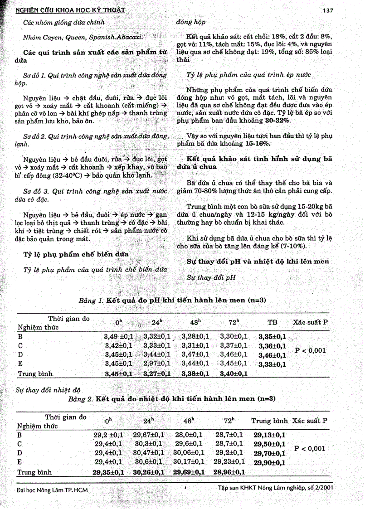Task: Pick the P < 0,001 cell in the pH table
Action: click(310, 350)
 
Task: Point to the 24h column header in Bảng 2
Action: click(149, 421)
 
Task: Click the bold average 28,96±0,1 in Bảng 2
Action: click(229, 472)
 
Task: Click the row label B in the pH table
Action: click(20, 337)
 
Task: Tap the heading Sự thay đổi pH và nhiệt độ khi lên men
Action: click(258, 262)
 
